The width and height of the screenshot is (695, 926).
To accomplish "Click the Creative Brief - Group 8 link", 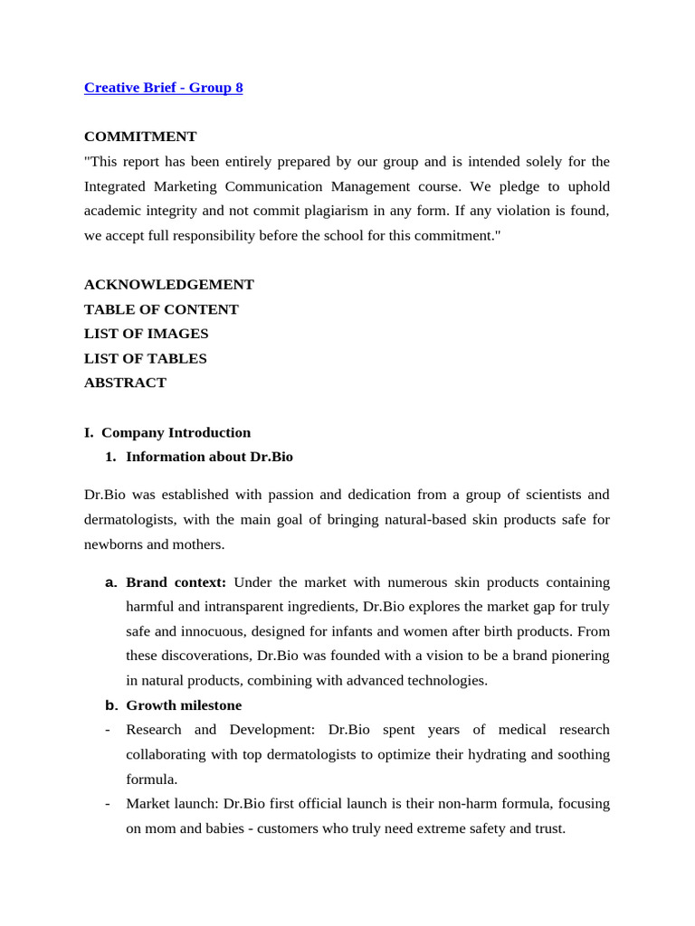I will click(x=163, y=88).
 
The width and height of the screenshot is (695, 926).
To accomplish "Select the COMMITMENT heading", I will click(x=140, y=137).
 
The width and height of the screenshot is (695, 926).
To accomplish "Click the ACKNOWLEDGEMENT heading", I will click(x=169, y=285).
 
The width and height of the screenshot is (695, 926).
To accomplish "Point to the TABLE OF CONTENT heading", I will click(x=161, y=309).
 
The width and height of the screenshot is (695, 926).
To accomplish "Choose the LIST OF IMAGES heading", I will click(x=146, y=334).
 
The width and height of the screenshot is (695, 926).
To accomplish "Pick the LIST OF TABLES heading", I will click(x=145, y=358).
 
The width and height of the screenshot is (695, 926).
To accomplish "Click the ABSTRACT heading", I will click(x=125, y=383).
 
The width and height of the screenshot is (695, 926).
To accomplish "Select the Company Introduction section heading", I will click(x=176, y=432).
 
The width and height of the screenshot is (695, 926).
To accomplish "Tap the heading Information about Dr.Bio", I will click(x=209, y=457).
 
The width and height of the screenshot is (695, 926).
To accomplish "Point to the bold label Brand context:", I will click(x=176, y=582).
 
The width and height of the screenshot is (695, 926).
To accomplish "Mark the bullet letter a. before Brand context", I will click(x=111, y=582).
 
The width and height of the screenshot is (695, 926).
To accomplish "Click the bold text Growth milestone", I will click(x=184, y=705).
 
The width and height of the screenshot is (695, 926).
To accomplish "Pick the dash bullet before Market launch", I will click(x=108, y=803).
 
